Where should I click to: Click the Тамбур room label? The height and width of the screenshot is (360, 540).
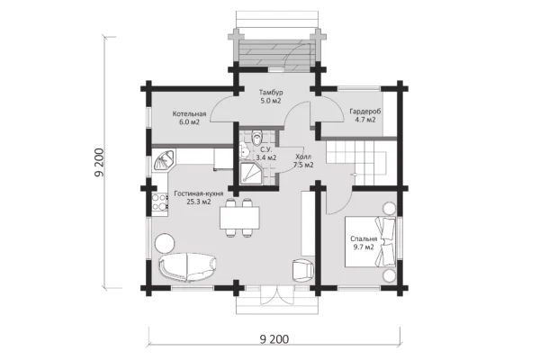click(271, 93)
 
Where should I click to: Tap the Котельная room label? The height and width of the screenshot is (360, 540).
click(189, 114)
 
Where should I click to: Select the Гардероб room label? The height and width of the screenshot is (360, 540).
click(365, 112)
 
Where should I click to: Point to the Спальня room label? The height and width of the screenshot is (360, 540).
click(364, 238)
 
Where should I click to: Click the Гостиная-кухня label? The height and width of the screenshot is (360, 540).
click(199, 193)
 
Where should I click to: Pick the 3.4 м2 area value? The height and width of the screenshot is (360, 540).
click(265, 157)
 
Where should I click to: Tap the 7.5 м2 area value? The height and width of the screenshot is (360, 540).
click(303, 165)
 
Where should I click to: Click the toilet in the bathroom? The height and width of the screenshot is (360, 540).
click(256, 138)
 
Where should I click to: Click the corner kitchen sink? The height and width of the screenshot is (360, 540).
click(164, 160)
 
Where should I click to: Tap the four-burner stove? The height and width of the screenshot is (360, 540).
click(159, 202)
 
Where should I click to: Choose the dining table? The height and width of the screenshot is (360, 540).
click(239, 218)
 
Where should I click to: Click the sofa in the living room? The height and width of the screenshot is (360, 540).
click(188, 265)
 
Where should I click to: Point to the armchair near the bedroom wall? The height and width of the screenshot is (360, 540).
click(302, 271)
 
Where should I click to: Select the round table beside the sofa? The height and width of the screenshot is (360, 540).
click(165, 243)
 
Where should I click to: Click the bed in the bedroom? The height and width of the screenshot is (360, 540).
click(371, 241)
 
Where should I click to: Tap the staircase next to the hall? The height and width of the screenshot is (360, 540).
click(358, 162)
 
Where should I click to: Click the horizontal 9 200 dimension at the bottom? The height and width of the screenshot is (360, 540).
click(274, 339)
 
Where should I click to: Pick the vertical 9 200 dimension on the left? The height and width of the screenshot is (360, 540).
click(99, 163)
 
